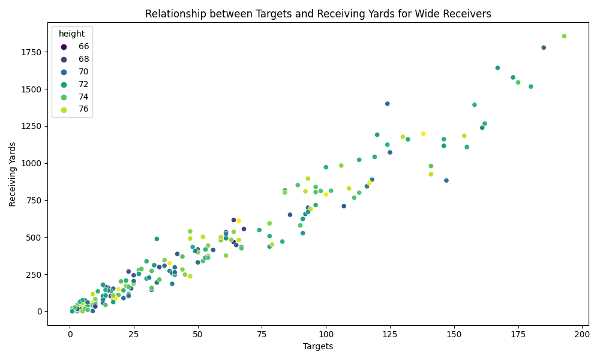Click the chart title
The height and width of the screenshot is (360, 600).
coord(318,14)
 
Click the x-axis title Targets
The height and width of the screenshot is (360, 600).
coord(318,346)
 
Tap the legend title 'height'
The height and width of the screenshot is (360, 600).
coord(72,34)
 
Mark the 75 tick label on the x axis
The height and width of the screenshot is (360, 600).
coord(262,334)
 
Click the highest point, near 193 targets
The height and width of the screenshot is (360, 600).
coord(564,36)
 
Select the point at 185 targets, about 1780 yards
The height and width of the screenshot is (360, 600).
coord(544,47)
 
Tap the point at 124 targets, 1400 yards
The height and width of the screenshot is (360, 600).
coord(388,104)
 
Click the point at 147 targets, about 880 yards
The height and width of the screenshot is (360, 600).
coord(446,181)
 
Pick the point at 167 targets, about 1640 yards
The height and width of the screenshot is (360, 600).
coord(497,68)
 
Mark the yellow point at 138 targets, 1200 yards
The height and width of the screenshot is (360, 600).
coord(423,134)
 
